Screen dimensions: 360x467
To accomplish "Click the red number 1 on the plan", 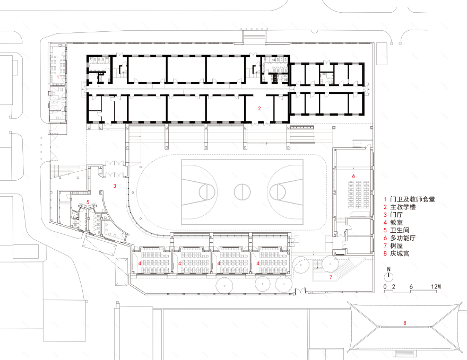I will [58, 77].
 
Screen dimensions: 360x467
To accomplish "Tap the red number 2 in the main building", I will [259, 108].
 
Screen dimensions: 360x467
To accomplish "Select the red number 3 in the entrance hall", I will [114, 186].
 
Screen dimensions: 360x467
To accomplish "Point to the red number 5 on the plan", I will [88, 202].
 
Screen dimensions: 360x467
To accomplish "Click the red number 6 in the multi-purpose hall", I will [353, 175].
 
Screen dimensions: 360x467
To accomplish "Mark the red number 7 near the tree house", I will [330, 277].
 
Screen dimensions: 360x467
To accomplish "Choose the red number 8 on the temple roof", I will [404, 322].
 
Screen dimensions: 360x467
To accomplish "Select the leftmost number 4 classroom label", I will [140, 263].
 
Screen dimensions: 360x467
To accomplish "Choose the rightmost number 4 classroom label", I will [258, 263].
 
